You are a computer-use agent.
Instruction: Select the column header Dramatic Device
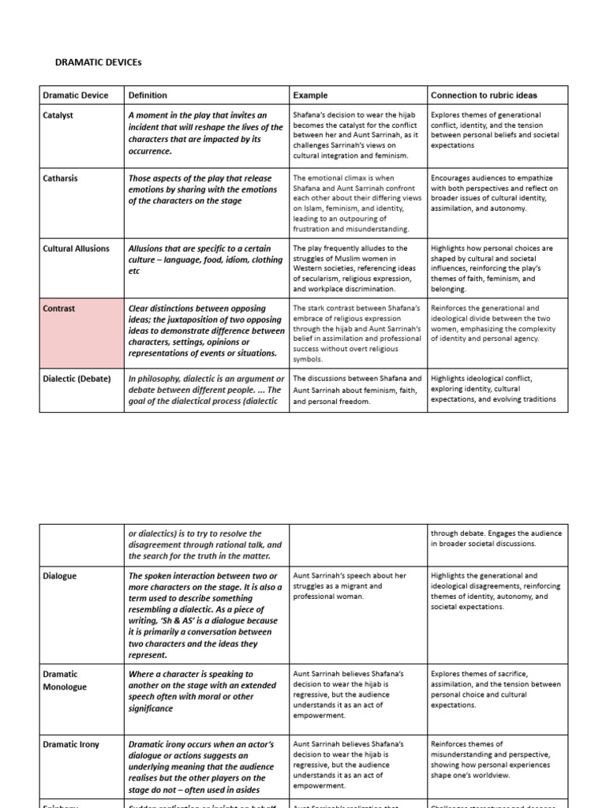(x=75, y=95)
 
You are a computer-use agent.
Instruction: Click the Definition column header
(x=148, y=95)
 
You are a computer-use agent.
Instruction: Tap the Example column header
(x=310, y=95)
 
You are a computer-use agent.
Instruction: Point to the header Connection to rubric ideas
(x=484, y=95)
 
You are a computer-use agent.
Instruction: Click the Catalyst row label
(x=59, y=115)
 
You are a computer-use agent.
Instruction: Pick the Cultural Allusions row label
(x=77, y=249)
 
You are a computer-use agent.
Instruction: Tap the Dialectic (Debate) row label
(x=77, y=379)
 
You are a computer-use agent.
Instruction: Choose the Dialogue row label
(x=60, y=576)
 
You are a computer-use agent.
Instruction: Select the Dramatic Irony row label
(x=71, y=744)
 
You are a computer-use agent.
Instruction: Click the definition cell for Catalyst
(x=205, y=133)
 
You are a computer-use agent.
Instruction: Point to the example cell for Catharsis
(x=357, y=204)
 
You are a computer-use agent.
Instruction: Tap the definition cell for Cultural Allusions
(x=205, y=260)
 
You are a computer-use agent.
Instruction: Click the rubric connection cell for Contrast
(x=493, y=324)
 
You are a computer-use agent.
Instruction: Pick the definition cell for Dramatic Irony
(x=205, y=766)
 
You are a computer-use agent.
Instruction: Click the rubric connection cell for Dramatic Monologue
(x=493, y=689)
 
